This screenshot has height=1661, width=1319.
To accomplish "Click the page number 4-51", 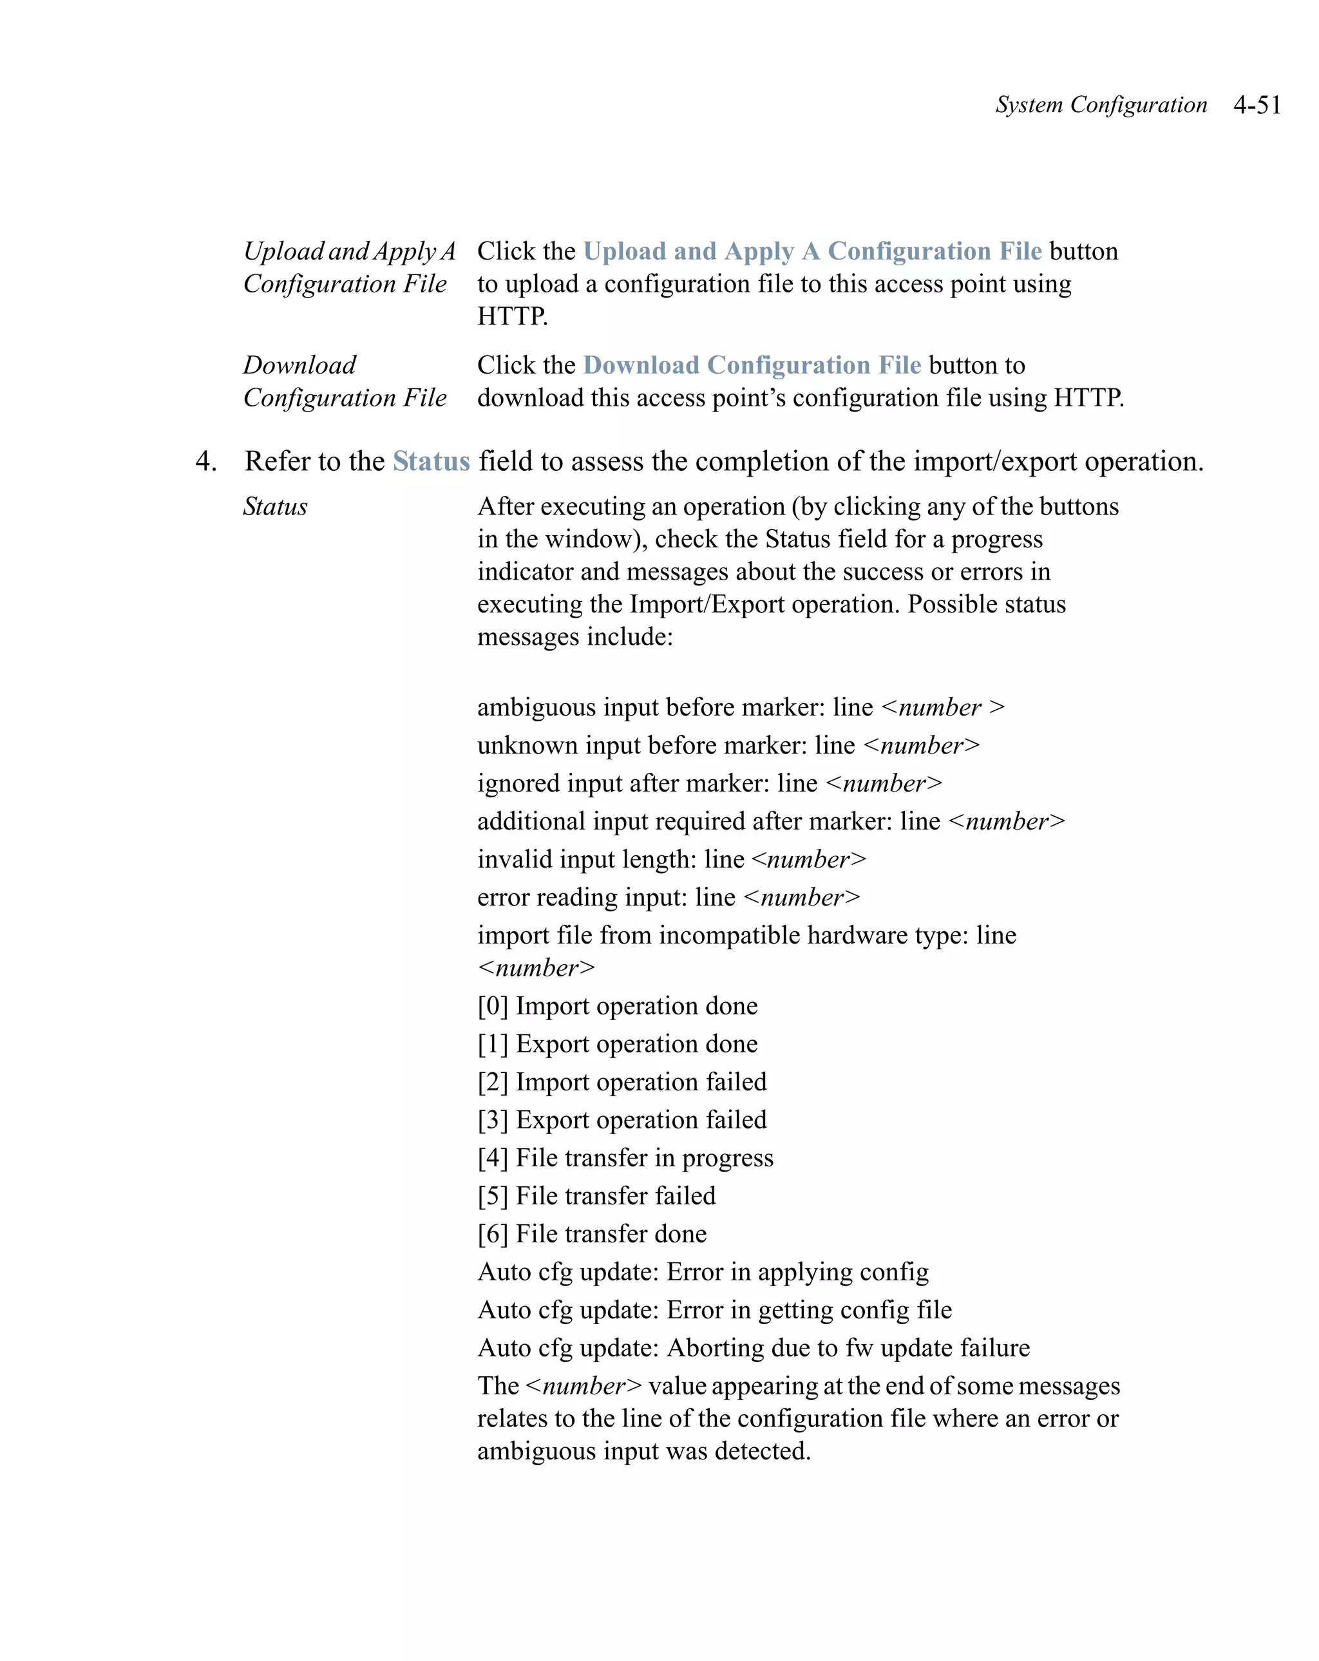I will click(1257, 105).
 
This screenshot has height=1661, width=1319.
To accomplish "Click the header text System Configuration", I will click(1101, 105).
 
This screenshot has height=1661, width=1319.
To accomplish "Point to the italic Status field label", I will click(275, 506).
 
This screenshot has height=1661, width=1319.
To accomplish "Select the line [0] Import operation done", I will click(617, 1005).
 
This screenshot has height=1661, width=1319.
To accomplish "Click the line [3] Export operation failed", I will click(622, 1119).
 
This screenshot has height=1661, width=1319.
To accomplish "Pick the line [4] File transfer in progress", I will click(625, 1157).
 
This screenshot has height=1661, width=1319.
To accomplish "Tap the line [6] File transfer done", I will click(592, 1233).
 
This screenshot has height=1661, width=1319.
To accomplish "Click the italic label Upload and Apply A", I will click(349, 251).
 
